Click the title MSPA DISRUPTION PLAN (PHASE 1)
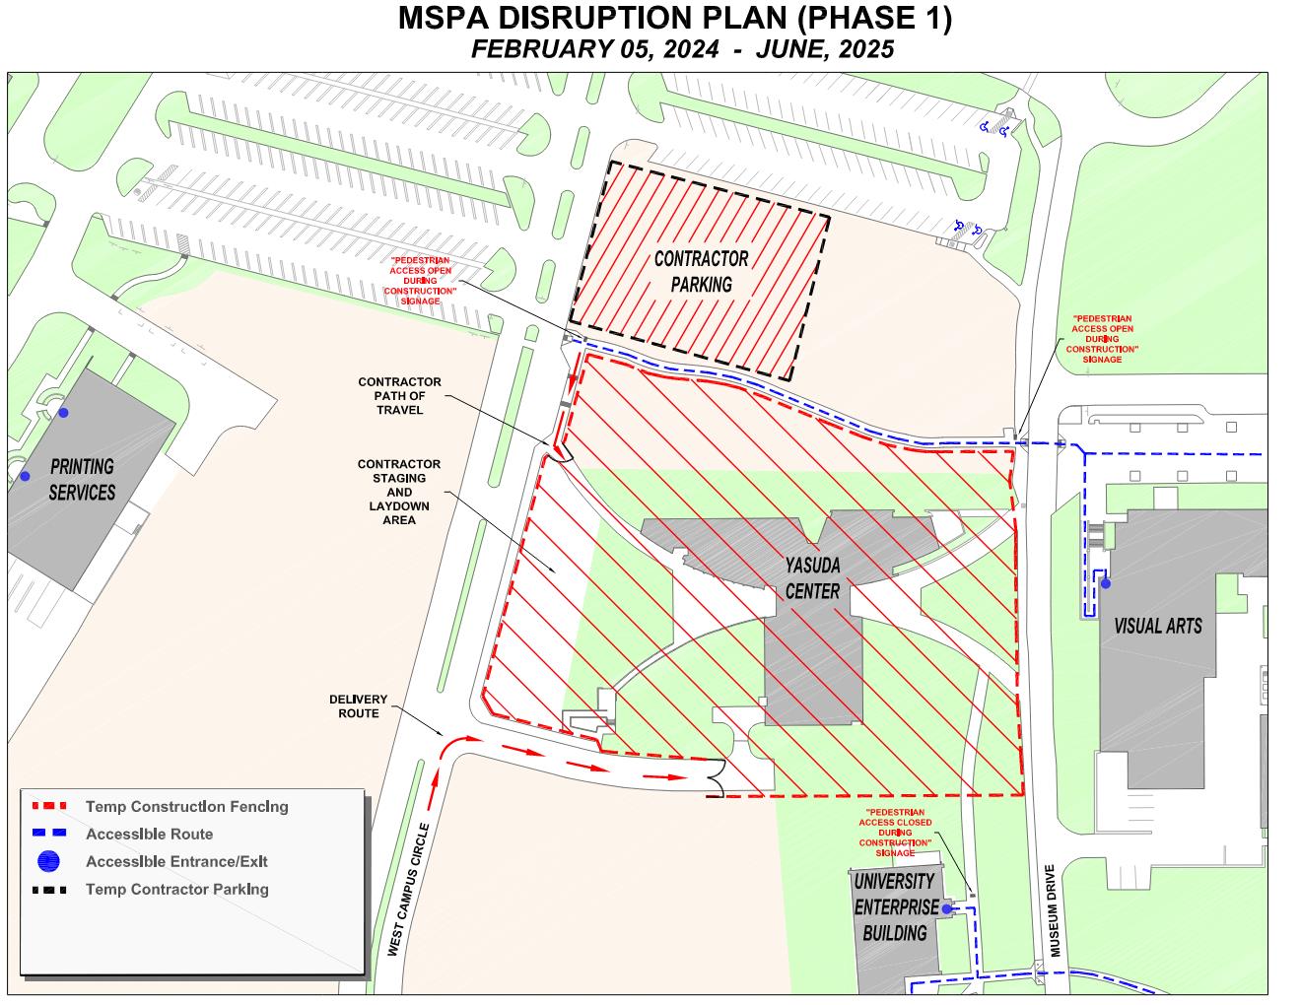674,20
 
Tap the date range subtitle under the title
682,50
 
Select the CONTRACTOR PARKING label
701,272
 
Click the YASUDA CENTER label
812,578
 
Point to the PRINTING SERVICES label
82,479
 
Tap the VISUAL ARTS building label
1157,626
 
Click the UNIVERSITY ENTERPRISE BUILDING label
894,906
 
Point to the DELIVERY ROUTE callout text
359,706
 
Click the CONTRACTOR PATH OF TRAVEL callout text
399,395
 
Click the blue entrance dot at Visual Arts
1106,584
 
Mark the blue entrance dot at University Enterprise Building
945,909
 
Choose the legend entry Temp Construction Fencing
186,807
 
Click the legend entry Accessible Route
149,835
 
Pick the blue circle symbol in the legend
48,861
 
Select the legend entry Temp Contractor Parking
176,890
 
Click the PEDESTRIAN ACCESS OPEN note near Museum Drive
1102,339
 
